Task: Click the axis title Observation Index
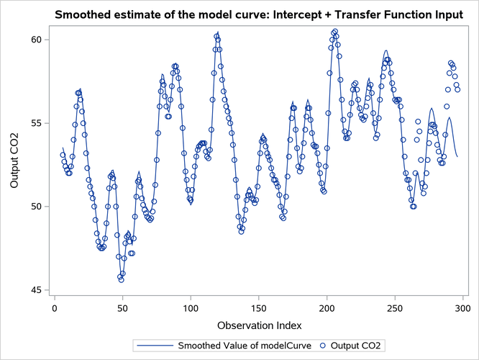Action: click(x=258, y=325)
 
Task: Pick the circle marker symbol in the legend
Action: click(x=323, y=346)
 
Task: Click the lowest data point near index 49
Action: click(x=121, y=279)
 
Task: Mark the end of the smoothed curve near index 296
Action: click(x=457, y=156)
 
